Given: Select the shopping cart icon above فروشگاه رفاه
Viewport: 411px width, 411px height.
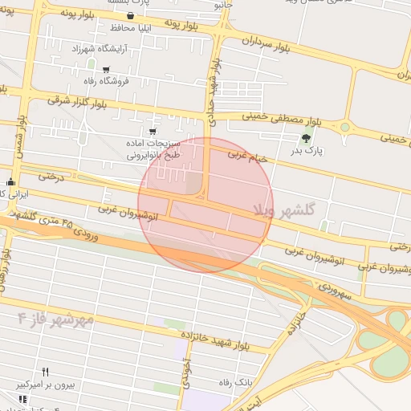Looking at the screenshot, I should [x=106, y=69].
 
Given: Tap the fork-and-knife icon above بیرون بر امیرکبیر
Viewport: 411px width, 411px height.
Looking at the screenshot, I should [x=46, y=372].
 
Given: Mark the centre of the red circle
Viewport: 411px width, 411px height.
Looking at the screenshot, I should [x=205, y=205].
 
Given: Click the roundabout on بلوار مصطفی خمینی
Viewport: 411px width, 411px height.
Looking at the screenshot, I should [x=346, y=127].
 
